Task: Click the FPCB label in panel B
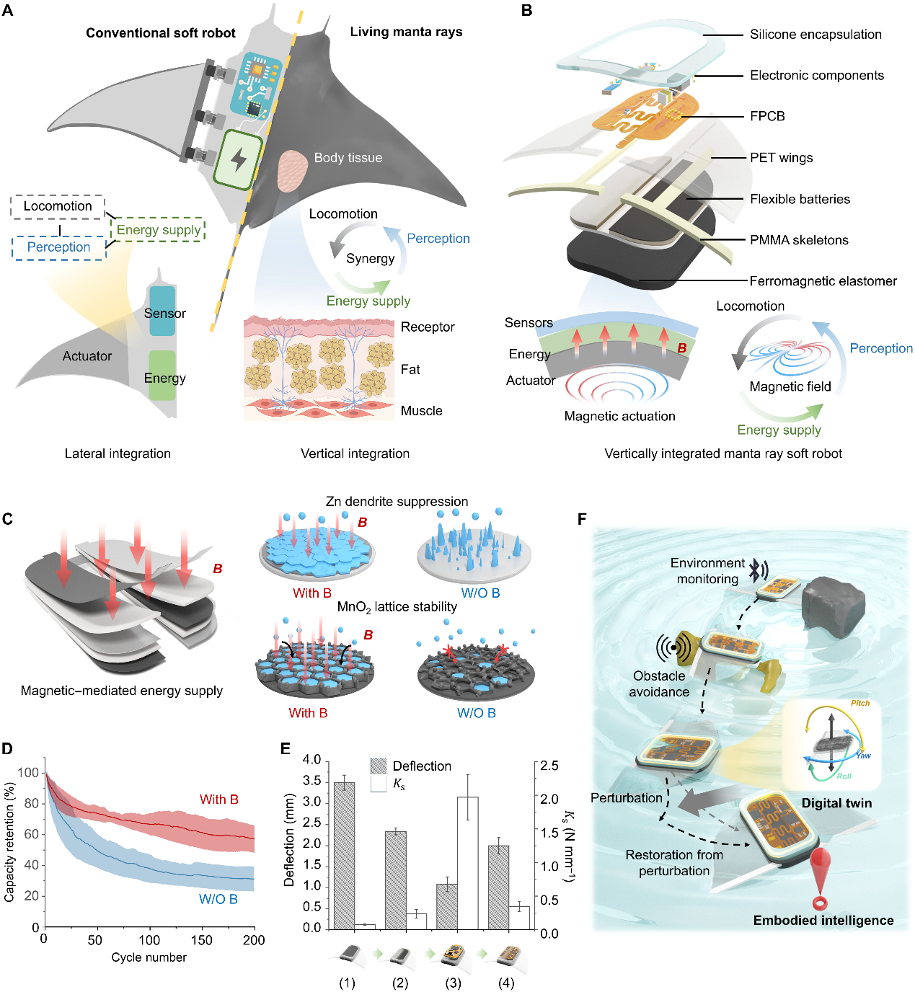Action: (767, 116)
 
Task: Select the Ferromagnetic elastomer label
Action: (823, 281)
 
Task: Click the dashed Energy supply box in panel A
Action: (159, 230)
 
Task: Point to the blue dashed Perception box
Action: (58, 247)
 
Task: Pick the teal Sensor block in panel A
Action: (162, 311)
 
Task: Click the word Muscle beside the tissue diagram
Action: (421, 411)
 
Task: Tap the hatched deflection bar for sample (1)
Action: (344, 855)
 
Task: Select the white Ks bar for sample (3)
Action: (467, 862)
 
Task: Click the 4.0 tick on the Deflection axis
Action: (311, 760)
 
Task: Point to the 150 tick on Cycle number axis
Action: (202, 939)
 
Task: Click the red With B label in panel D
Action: (218, 800)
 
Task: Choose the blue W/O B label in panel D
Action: (218, 899)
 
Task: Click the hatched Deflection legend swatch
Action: (379, 766)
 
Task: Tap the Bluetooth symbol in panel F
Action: (756, 570)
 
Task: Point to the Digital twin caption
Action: (836, 803)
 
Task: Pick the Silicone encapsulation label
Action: (815, 35)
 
